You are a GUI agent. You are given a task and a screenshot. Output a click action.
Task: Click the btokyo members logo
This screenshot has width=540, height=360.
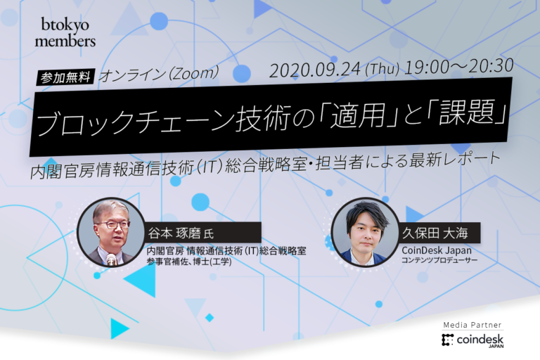click(x=65, y=32)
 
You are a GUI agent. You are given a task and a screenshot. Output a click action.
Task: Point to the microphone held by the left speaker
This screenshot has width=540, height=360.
click(x=111, y=259)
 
